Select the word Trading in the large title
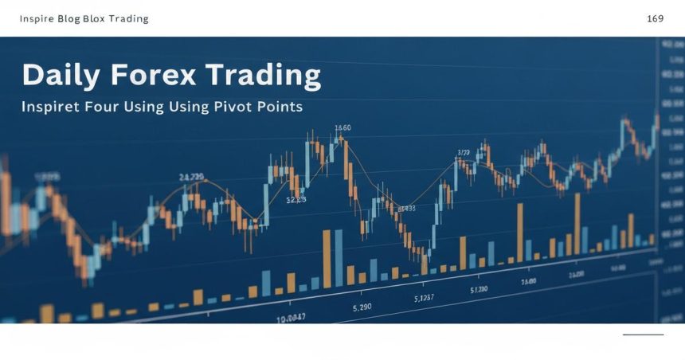262,76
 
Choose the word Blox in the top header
96,18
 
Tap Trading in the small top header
130,18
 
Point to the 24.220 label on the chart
191,176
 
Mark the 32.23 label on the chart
296,201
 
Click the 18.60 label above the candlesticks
342,127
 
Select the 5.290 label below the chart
363,305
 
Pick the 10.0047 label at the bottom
291,317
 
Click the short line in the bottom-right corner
643,335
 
